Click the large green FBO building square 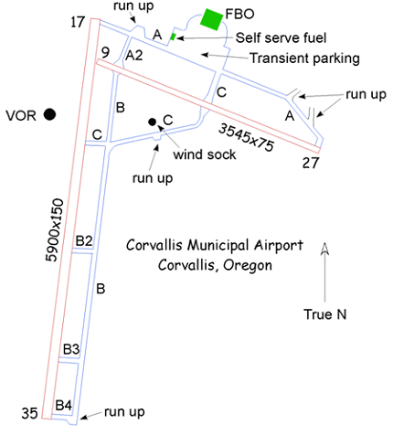(x=211, y=19)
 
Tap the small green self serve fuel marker (x=173, y=37)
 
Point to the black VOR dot (x=49, y=114)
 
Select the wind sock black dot (x=152, y=122)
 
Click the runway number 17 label (x=78, y=22)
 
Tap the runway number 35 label (x=29, y=413)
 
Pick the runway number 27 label (x=311, y=163)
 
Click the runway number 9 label (x=105, y=52)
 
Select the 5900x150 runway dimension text (x=55, y=230)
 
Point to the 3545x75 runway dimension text (x=246, y=137)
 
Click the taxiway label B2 (x=84, y=240)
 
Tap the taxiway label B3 (x=71, y=349)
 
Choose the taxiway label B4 (x=64, y=406)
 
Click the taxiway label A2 (x=134, y=56)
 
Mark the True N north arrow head (x=324, y=248)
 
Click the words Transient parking (x=304, y=58)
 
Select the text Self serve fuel (x=281, y=37)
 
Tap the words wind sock (x=205, y=154)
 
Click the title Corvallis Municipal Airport (x=215, y=245)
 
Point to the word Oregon (x=248, y=266)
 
